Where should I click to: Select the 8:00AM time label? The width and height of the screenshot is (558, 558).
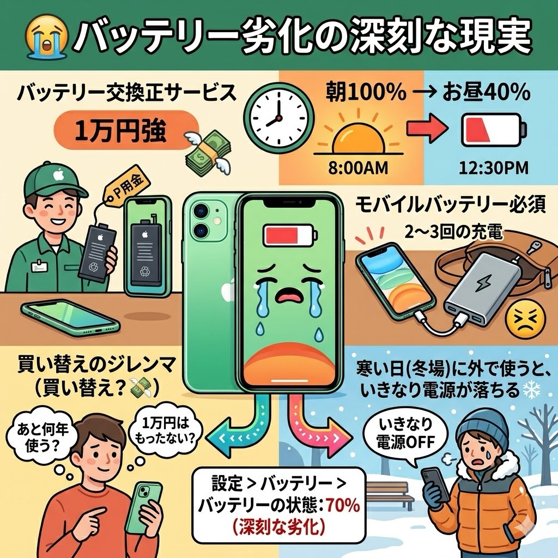(358, 168)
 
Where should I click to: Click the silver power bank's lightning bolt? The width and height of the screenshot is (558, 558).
(484, 282)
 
